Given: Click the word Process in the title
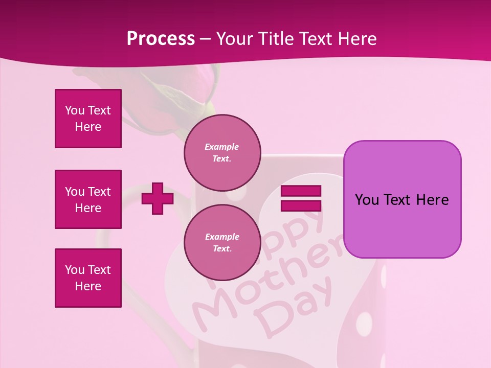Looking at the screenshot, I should coord(161,39).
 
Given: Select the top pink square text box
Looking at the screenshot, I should coord(88,119).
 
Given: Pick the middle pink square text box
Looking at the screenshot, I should coord(88,199).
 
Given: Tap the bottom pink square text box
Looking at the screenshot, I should coord(88,278).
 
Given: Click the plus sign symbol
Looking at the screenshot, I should coord(158,198).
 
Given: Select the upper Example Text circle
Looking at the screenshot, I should coord(222,153).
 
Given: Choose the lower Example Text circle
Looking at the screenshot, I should coord(222,243).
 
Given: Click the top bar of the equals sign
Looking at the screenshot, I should coord(301,191).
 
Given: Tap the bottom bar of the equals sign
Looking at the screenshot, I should coord(301,206).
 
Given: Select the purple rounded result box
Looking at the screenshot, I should coord(402,199).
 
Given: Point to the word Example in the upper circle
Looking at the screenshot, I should coord(222,147).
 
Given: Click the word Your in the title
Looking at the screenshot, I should coord(234,39).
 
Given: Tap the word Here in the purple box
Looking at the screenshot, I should coord(432,200).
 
